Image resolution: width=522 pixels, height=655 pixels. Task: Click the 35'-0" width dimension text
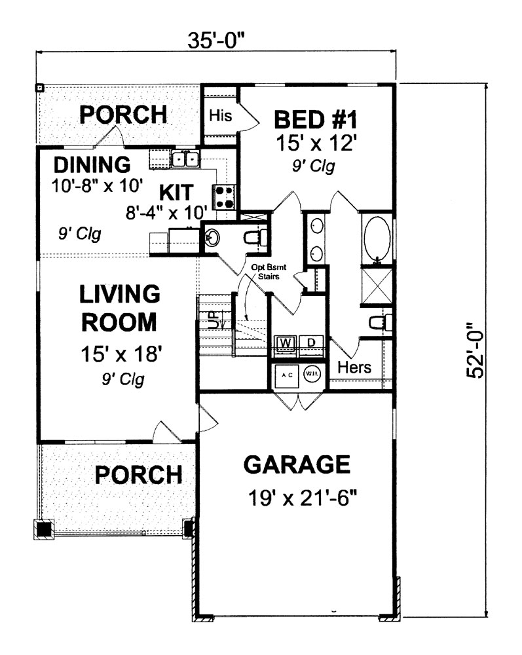(x=216, y=40)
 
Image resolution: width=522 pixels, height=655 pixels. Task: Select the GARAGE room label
(x=297, y=464)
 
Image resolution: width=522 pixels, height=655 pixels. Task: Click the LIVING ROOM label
(x=119, y=308)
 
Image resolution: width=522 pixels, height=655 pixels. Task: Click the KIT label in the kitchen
(x=176, y=193)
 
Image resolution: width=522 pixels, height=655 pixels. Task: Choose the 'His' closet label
(x=221, y=116)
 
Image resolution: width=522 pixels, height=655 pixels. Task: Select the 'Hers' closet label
(x=354, y=367)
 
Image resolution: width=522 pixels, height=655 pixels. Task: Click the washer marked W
(x=286, y=343)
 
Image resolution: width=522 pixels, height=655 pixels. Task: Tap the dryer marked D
(x=312, y=343)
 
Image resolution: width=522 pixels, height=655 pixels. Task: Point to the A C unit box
(x=286, y=375)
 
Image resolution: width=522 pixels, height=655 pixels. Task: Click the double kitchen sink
(x=184, y=159)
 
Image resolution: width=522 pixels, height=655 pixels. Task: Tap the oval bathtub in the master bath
(x=376, y=238)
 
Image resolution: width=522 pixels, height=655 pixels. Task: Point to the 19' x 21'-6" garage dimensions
(x=301, y=498)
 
